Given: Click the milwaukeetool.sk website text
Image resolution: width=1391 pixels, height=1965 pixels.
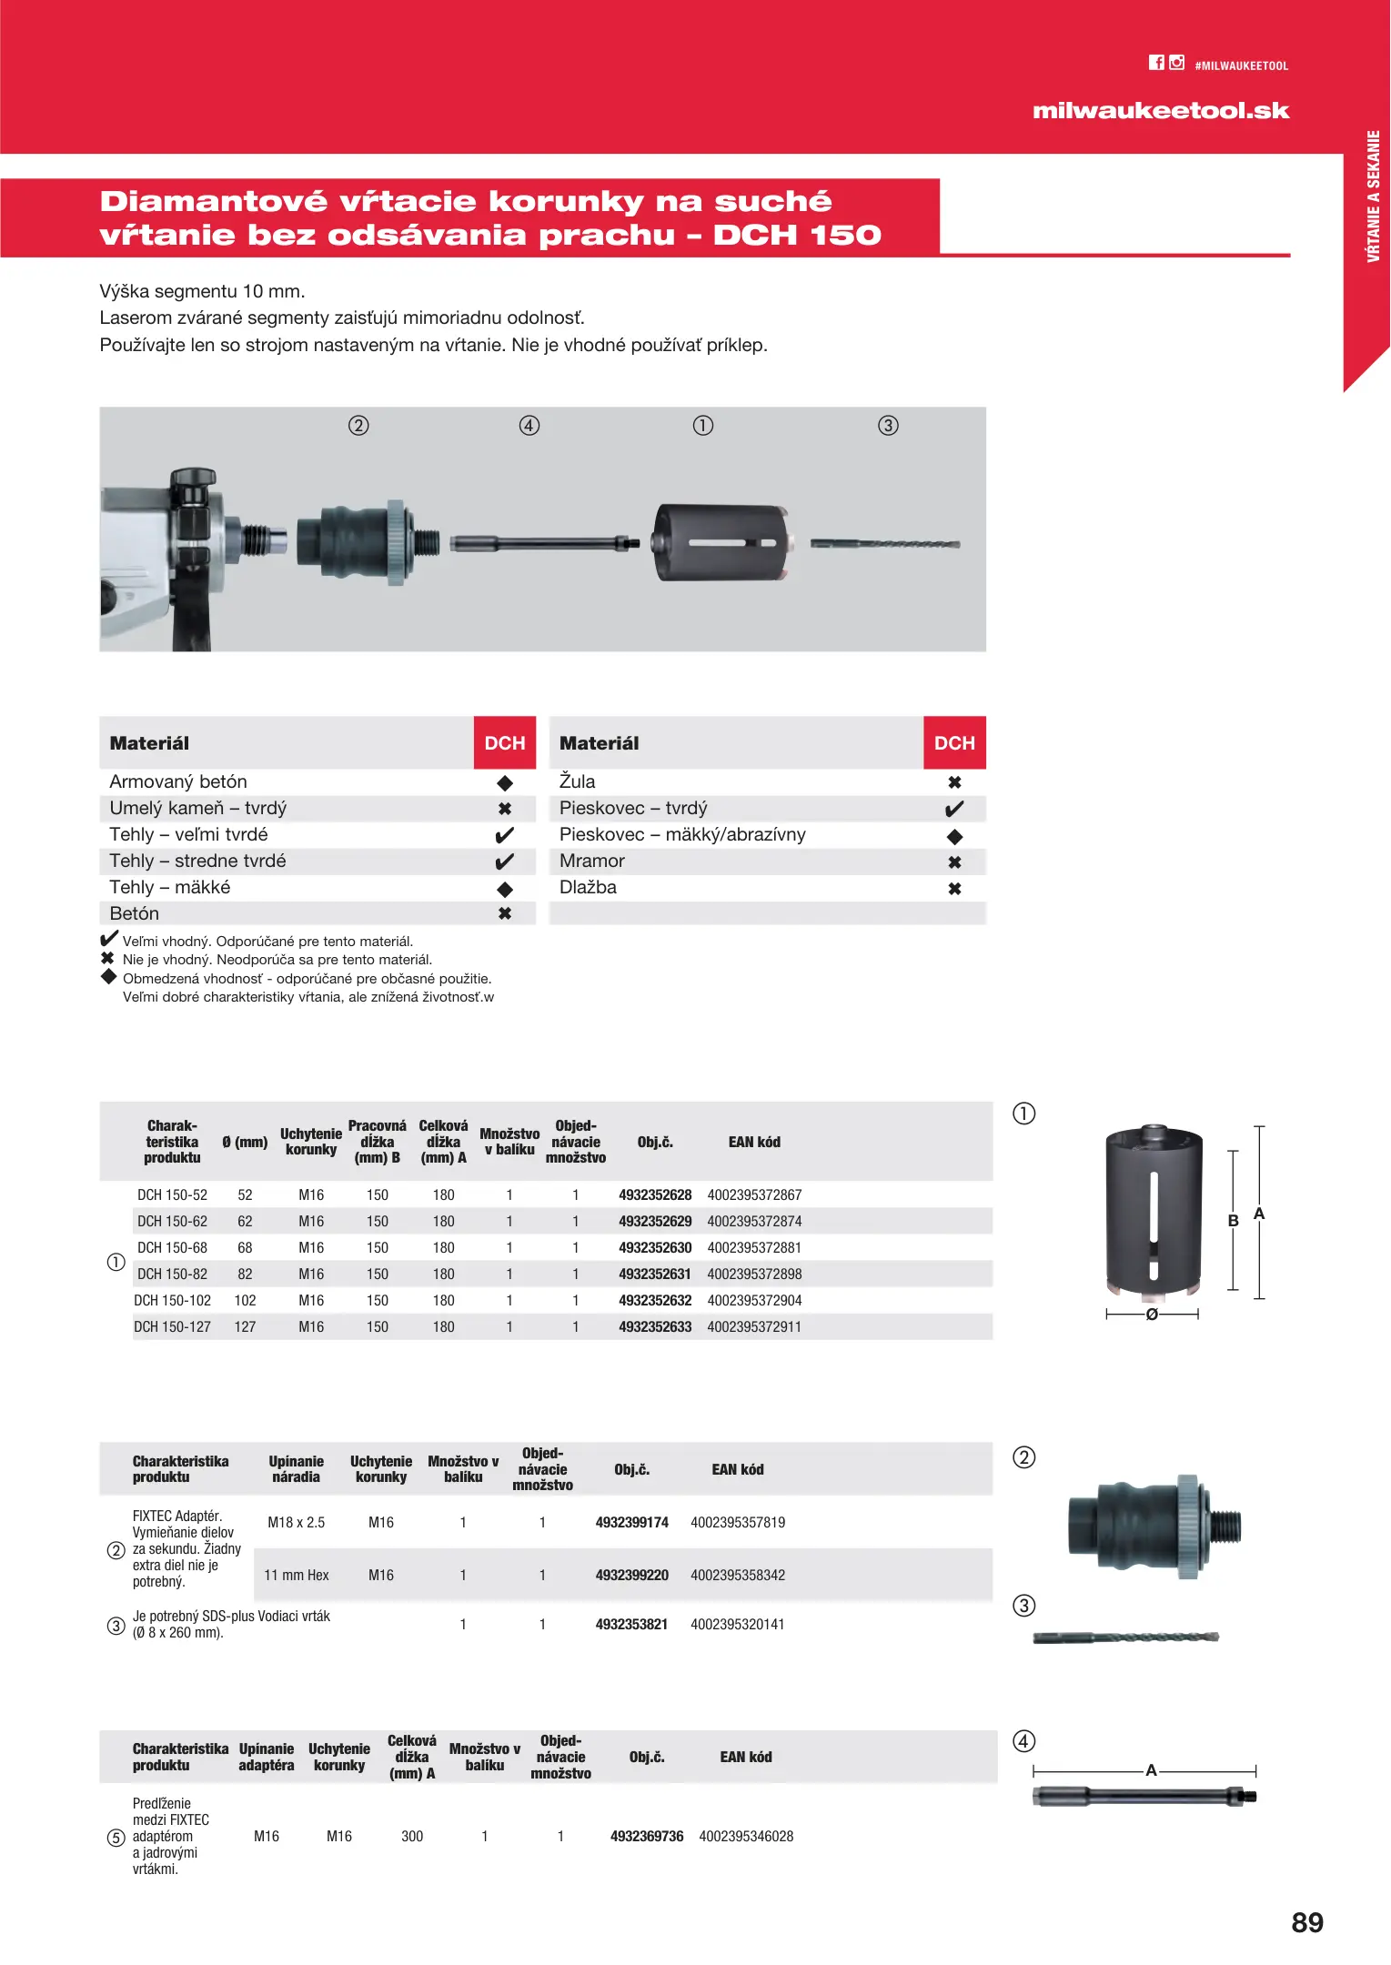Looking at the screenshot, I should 1160,111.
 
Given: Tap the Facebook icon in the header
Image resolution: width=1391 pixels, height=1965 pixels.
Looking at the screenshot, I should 1155,63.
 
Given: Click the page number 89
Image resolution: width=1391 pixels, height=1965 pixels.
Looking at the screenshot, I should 1306,1922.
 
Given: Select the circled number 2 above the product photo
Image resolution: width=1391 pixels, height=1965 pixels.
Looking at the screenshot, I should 358,426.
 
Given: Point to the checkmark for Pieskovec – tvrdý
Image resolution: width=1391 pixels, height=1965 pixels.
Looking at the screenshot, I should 954,809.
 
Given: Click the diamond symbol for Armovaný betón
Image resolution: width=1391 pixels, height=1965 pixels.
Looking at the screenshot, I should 505,782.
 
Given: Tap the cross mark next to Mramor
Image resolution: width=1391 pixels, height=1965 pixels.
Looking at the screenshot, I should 954,862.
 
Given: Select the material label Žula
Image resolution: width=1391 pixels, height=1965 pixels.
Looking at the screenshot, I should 577,781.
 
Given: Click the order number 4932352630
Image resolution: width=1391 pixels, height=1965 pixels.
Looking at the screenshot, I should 655,1247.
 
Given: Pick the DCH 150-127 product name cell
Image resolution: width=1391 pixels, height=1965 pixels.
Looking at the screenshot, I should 172,1326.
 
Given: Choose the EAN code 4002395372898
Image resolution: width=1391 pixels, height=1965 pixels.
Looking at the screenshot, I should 754,1274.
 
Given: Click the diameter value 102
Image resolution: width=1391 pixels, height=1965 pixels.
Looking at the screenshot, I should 245,1300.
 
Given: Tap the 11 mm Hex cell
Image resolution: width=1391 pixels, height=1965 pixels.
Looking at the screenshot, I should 297,1575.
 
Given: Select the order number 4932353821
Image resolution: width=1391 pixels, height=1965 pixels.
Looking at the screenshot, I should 631,1624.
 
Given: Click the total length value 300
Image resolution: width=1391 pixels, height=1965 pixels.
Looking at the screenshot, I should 412,1836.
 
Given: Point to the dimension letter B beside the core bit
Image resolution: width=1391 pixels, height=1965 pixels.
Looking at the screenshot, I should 1234,1221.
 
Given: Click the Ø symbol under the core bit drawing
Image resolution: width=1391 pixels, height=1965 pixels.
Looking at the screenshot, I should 1152,1314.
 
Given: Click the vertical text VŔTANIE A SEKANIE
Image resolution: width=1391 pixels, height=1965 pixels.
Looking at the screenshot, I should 1373,196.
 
